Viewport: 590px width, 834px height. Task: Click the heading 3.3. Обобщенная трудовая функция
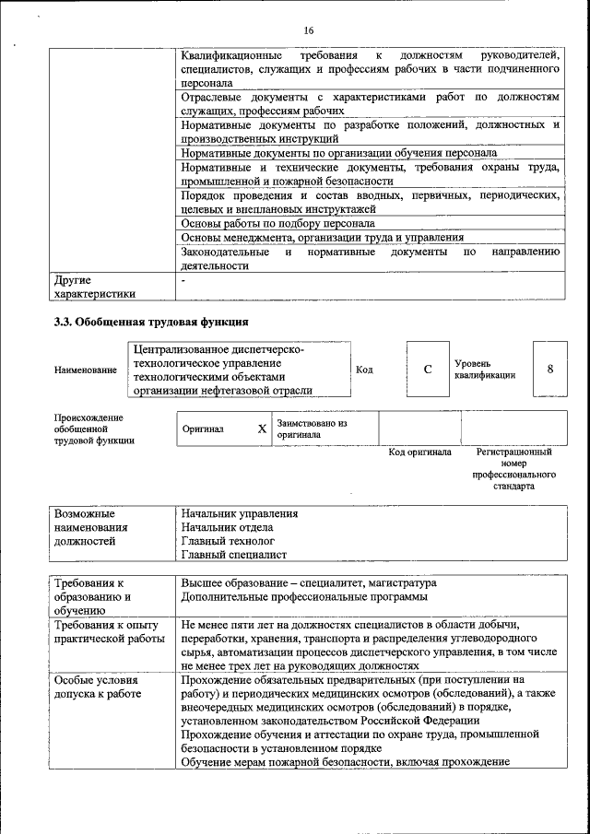click(151, 322)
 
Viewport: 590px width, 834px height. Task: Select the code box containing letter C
click(428, 370)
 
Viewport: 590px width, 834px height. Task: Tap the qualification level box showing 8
click(550, 369)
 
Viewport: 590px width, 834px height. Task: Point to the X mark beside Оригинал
click(262, 429)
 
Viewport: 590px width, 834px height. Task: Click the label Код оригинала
click(419, 452)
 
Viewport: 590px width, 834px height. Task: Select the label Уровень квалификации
click(484, 370)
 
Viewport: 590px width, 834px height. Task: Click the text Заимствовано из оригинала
click(311, 429)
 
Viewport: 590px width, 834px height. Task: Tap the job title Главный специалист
click(234, 555)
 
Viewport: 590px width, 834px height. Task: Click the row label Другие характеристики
click(95, 286)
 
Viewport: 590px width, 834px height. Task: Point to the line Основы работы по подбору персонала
click(277, 223)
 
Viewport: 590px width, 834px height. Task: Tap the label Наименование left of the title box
click(86, 370)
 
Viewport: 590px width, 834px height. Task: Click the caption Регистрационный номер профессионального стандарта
click(513, 469)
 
